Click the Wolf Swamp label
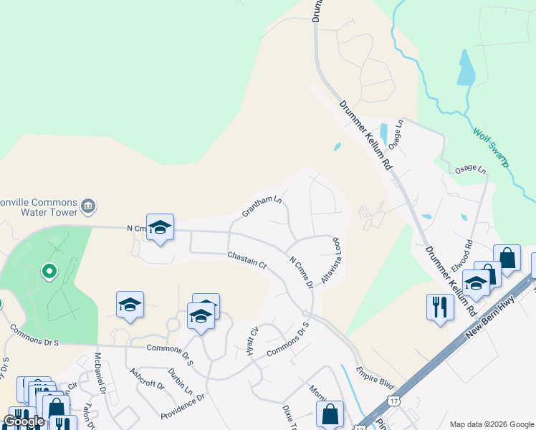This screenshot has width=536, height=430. [491, 147]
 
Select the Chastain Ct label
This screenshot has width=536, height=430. [247, 260]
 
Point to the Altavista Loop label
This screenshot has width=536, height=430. [331, 261]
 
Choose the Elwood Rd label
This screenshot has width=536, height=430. [463, 256]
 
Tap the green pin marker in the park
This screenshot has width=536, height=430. [49, 272]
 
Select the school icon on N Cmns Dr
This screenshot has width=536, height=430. [160, 226]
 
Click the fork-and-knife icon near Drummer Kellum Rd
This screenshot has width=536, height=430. [439, 307]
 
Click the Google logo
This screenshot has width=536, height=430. [23, 421]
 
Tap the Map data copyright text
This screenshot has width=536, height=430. [491, 424]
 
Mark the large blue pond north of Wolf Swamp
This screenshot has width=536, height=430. [466, 68]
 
